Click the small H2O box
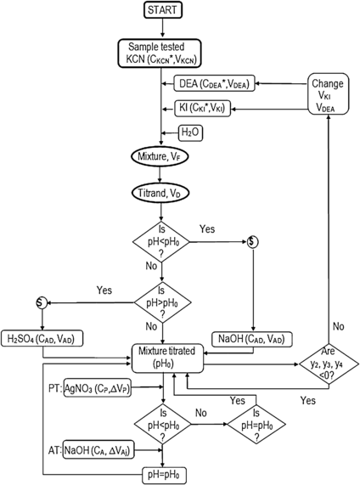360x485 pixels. coord(188,132)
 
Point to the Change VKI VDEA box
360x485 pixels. coord(331,95)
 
